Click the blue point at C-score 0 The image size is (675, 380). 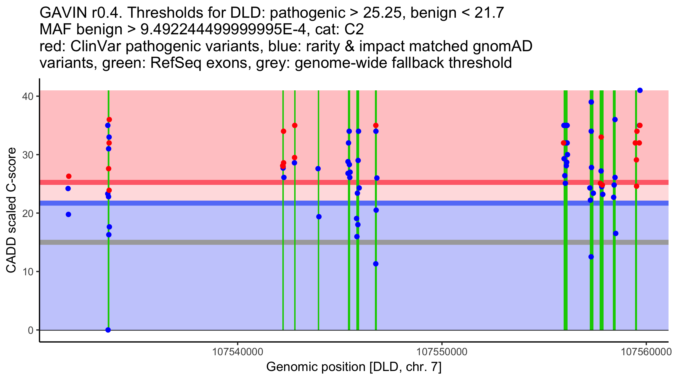click(108, 330)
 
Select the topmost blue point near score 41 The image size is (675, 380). click(640, 90)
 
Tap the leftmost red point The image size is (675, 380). click(69, 176)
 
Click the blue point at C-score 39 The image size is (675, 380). click(591, 102)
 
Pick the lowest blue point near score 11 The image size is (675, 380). click(376, 264)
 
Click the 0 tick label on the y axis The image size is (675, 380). click(31, 330)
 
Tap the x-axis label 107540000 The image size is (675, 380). click(238, 352)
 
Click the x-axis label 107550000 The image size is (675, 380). click(442, 352)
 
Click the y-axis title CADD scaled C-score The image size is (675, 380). click(11, 210)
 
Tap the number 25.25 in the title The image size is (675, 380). click(382, 13)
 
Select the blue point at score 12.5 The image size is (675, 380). click(591, 257)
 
